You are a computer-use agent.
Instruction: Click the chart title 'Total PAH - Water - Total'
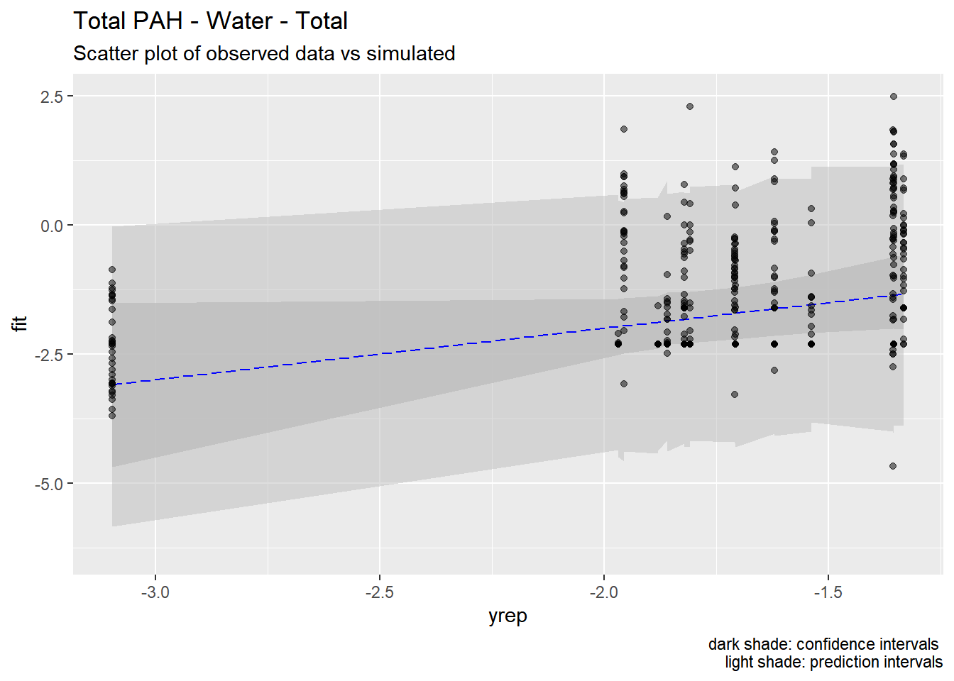coord(210,21)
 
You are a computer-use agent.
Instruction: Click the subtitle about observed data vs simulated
coord(264,54)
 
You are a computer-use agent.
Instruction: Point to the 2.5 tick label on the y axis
coord(52,96)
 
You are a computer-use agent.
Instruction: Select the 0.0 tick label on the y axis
coord(52,226)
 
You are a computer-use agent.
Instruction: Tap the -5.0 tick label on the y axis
coord(49,484)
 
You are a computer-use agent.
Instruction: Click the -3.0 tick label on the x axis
coord(155,592)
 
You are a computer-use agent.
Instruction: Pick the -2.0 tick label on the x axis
coord(603,592)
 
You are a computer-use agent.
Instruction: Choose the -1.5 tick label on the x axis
coord(828,592)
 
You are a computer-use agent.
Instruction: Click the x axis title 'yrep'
coord(508,616)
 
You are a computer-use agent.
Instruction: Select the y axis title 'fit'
coord(20,324)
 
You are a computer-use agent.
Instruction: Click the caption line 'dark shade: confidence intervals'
coord(823,644)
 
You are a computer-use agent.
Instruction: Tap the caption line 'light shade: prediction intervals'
coord(834,662)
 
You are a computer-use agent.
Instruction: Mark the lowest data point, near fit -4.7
coord(893,466)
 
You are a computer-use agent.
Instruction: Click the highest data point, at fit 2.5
coord(894,96)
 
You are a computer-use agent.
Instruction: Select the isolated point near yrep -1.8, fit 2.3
coord(690,106)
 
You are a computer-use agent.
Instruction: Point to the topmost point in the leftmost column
coord(112,270)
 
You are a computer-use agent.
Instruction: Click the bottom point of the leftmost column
coord(112,416)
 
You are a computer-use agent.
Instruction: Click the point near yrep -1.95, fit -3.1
coord(624,384)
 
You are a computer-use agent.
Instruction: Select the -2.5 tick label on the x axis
coord(380,592)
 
